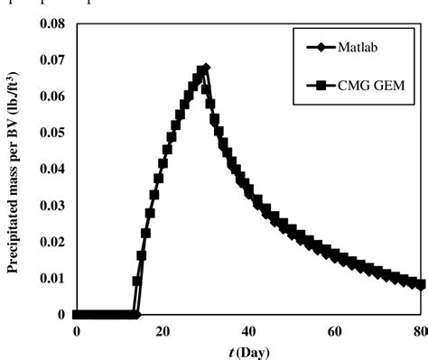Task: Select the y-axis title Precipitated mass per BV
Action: pyautogui.click(x=13, y=167)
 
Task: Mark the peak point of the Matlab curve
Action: pyautogui.click(x=206, y=68)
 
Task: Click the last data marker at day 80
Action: pyautogui.click(x=422, y=285)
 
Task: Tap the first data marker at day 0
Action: pyautogui.click(x=77, y=315)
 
